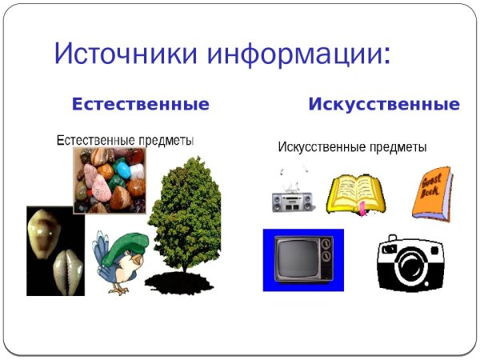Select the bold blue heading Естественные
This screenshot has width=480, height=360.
point(141,105)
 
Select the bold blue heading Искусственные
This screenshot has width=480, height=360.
point(384,105)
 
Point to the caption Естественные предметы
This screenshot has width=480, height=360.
point(125,141)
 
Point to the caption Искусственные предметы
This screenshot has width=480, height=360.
point(352,148)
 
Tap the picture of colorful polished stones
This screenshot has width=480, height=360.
point(110,180)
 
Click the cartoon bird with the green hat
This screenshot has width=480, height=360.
point(120,260)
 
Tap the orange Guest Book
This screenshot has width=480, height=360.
point(432,193)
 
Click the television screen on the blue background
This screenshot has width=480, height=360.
point(302,259)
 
